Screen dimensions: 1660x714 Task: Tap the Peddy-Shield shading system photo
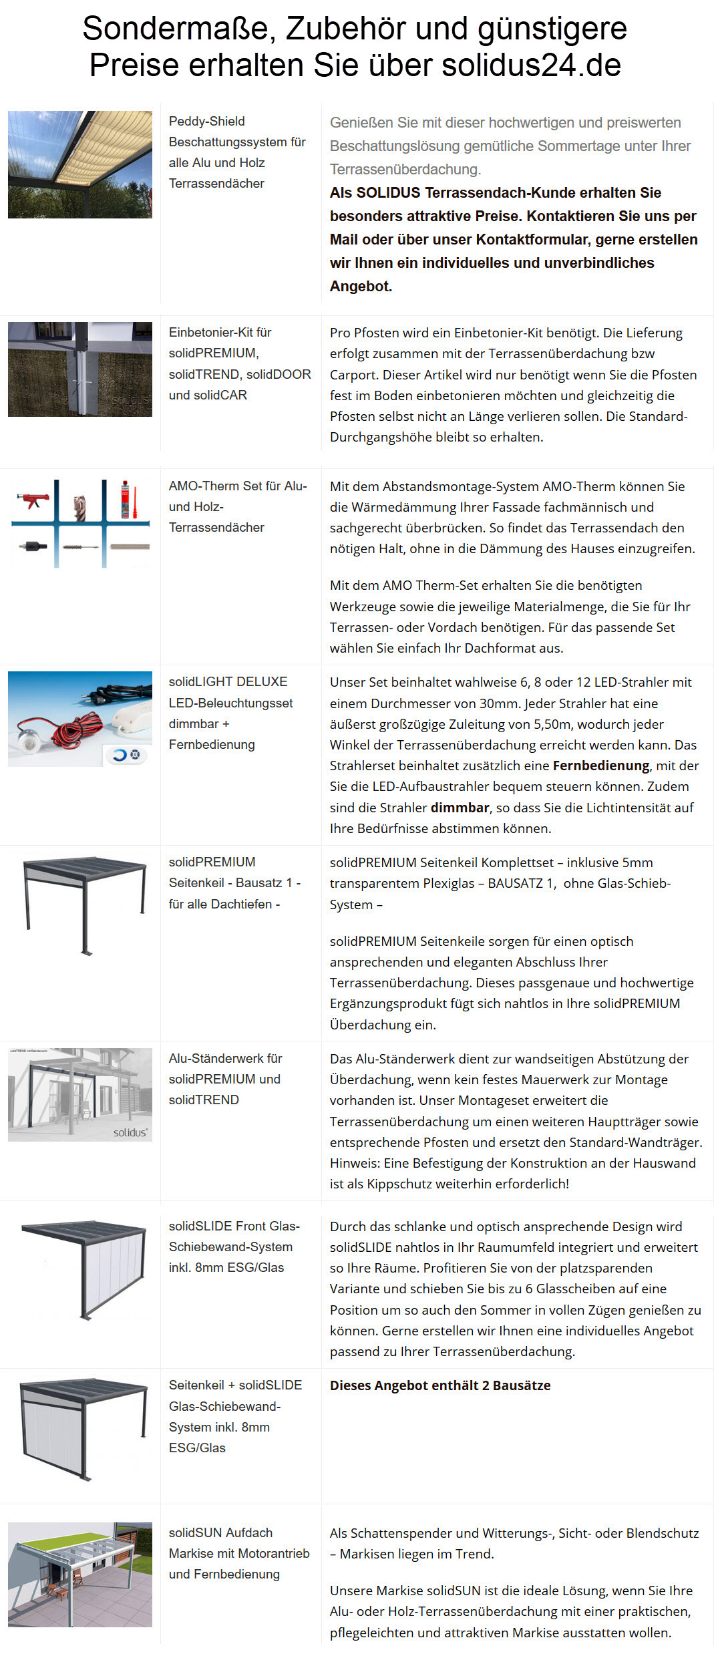(80, 164)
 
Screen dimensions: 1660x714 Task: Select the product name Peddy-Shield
(206, 121)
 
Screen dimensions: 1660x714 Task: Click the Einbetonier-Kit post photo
(80, 369)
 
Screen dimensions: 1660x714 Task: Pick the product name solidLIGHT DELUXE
(228, 681)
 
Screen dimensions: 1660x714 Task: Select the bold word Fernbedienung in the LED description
(600, 766)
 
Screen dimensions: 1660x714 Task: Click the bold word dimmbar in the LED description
(460, 808)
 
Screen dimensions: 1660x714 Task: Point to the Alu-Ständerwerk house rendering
(80, 1094)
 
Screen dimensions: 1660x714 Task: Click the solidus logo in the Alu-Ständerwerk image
(130, 1132)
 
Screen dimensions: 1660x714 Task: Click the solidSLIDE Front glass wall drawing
(84, 1269)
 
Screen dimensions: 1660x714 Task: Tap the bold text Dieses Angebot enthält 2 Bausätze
(440, 1385)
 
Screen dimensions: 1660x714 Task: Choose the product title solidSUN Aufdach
(220, 1532)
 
